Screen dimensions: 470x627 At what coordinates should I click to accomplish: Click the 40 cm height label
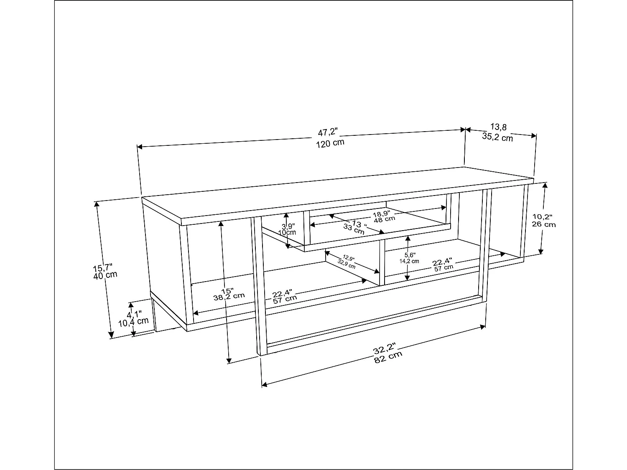(105, 276)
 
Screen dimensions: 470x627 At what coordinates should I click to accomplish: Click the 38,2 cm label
(229, 296)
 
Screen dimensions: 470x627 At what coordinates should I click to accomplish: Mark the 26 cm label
(544, 224)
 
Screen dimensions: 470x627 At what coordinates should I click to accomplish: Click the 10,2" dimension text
(543, 216)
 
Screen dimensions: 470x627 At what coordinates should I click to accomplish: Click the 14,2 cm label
(409, 261)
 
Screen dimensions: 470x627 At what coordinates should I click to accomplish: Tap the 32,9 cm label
(347, 264)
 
